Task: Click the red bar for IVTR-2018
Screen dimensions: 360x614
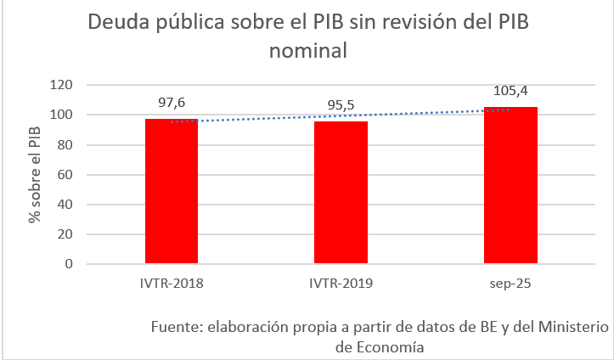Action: [172, 191]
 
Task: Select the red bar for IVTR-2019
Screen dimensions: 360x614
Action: [341, 193]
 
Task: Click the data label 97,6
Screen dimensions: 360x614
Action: [172, 102]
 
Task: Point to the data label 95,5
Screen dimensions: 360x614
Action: [341, 106]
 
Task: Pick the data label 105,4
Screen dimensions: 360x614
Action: [510, 91]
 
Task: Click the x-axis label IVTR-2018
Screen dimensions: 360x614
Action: [172, 281]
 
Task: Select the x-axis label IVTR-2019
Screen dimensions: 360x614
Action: [341, 281]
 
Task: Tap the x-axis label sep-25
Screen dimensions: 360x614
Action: [510, 281]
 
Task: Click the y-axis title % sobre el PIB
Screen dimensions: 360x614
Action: [35, 175]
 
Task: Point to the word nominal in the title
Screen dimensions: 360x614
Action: [308, 50]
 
